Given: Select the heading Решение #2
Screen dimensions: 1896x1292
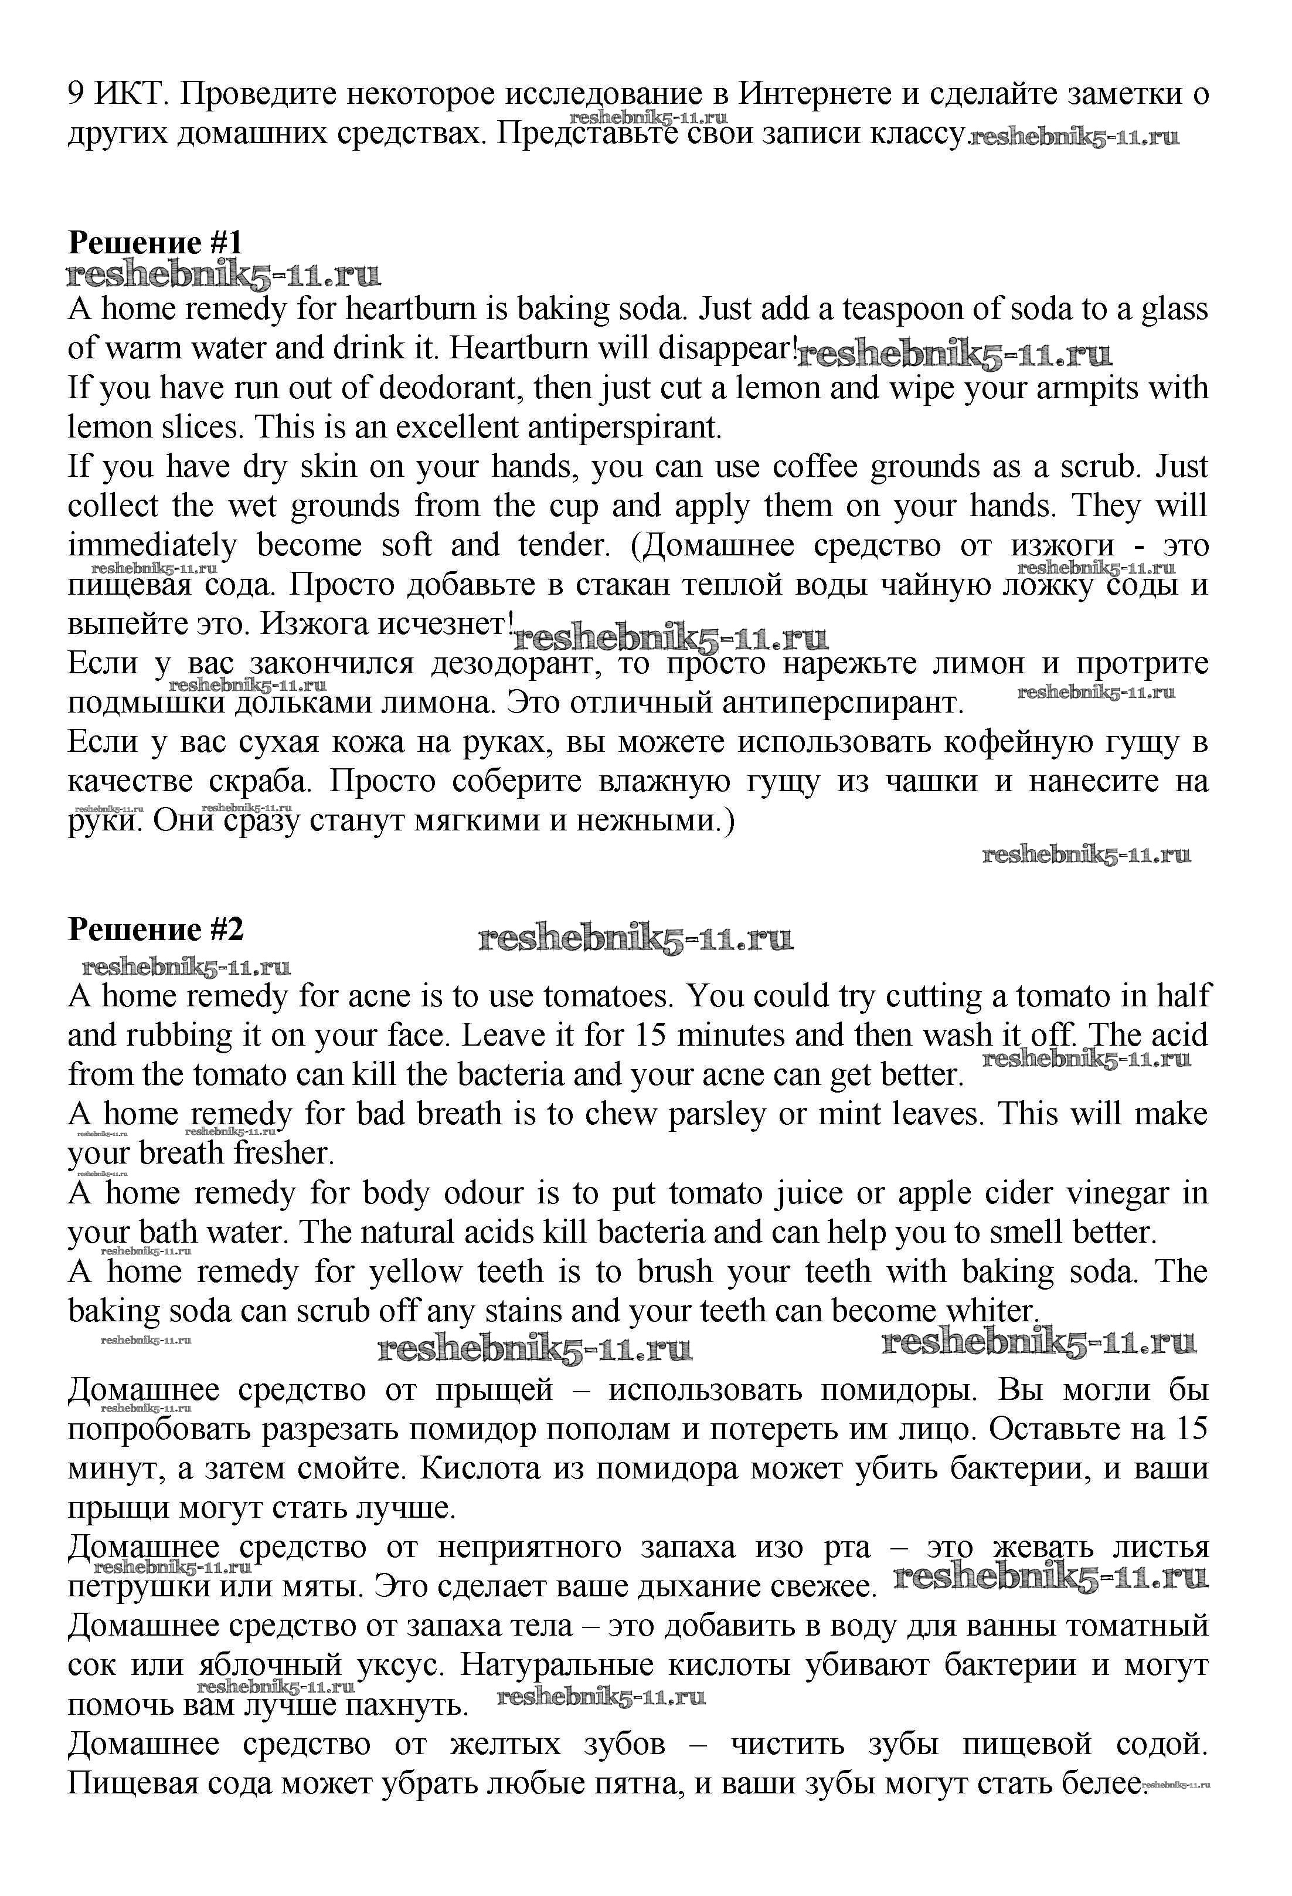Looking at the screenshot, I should [x=155, y=930].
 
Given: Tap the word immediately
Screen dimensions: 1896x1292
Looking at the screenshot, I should [x=152, y=545].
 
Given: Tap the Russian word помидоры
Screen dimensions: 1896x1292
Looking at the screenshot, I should [x=898, y=1390].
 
